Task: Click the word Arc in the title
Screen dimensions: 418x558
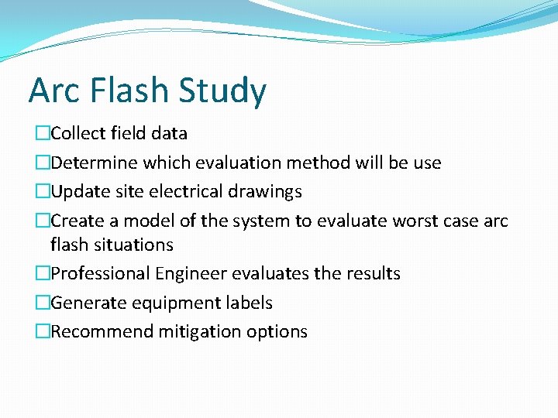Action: (x=55, y=90)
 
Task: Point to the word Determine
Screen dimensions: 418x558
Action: (x=95, y=163)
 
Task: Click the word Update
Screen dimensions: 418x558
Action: (x=77, y=191)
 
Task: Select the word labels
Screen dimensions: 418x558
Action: (x=248, y=303)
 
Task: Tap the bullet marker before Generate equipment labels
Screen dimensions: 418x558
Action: (x=42, y=303)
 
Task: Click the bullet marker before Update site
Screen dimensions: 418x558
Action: (x=42, y=191)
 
